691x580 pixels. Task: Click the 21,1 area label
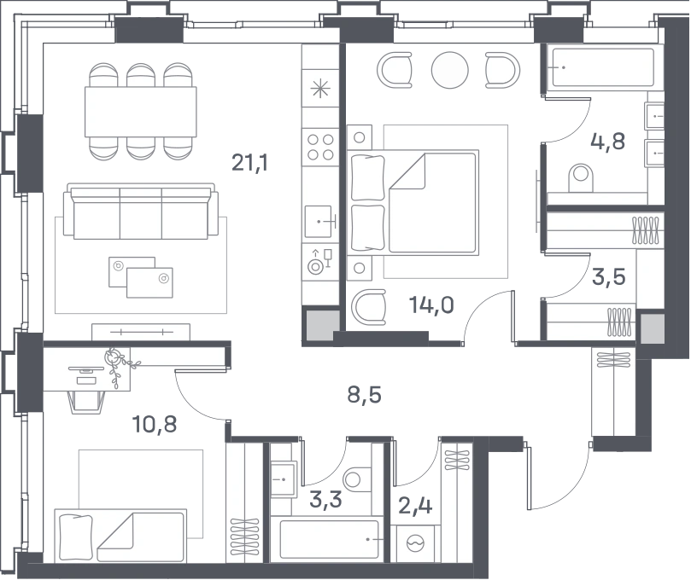click(250, 163)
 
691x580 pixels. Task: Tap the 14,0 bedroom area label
click(431, 304)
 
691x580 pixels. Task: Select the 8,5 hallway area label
click(364, 395)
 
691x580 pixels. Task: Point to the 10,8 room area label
click(155, 424)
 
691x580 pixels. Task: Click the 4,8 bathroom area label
click(607, 142)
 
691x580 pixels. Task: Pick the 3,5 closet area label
click(609, 277)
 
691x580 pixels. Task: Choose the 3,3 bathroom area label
click(325, 500)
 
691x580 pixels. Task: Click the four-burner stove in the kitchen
click(320, 147)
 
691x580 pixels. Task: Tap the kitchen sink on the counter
click(319, 222)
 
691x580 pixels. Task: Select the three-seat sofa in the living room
click(141, 212)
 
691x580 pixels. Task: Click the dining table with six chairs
click(141, 112)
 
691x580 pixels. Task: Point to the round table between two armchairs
click(449, 70)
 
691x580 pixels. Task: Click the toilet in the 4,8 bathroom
click(581, 177)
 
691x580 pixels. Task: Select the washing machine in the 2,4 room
click(415, 543)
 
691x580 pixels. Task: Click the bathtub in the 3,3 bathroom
click(329, 540)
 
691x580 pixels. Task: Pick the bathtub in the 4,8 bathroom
click(603, 67)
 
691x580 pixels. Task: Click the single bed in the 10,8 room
click(120, 536)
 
